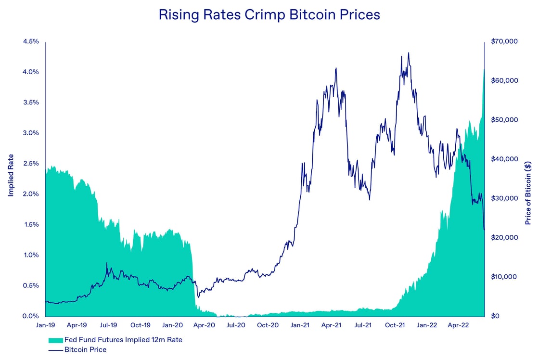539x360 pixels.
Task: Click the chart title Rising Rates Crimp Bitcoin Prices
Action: (269, 15)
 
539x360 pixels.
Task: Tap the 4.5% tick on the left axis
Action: (30, 41)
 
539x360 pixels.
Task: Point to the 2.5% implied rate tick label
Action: (30, 164)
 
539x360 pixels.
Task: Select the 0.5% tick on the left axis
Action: (30, 285)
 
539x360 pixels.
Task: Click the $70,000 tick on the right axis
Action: (504, 41)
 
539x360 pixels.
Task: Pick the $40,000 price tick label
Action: (504, 159)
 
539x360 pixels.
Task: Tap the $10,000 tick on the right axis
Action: (504, 277)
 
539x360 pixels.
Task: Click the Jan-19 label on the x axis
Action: (45, 325)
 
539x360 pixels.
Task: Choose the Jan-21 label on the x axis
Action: (300, 325)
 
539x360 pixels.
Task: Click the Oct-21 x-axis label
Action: (395, 325)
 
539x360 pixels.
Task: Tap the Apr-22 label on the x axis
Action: (458, 325)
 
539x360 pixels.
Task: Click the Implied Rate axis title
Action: (11, 179)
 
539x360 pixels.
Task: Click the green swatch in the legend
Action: (56, 340)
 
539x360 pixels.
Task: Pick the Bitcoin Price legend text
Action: (85, 350)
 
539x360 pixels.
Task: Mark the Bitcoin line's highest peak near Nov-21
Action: (409, 53)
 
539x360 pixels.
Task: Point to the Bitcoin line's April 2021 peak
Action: (335, 68)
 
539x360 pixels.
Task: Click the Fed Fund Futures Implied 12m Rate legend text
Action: (124, 340)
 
